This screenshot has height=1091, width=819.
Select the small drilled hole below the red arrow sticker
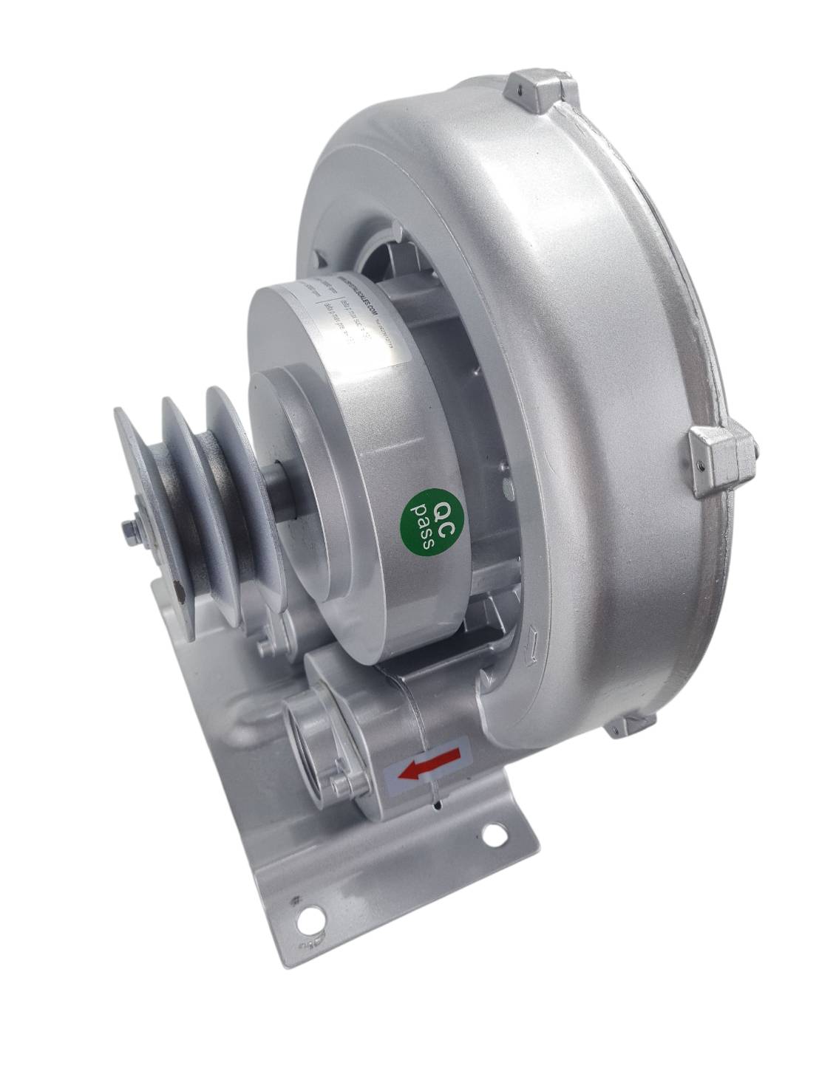(x=441, y=800)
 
